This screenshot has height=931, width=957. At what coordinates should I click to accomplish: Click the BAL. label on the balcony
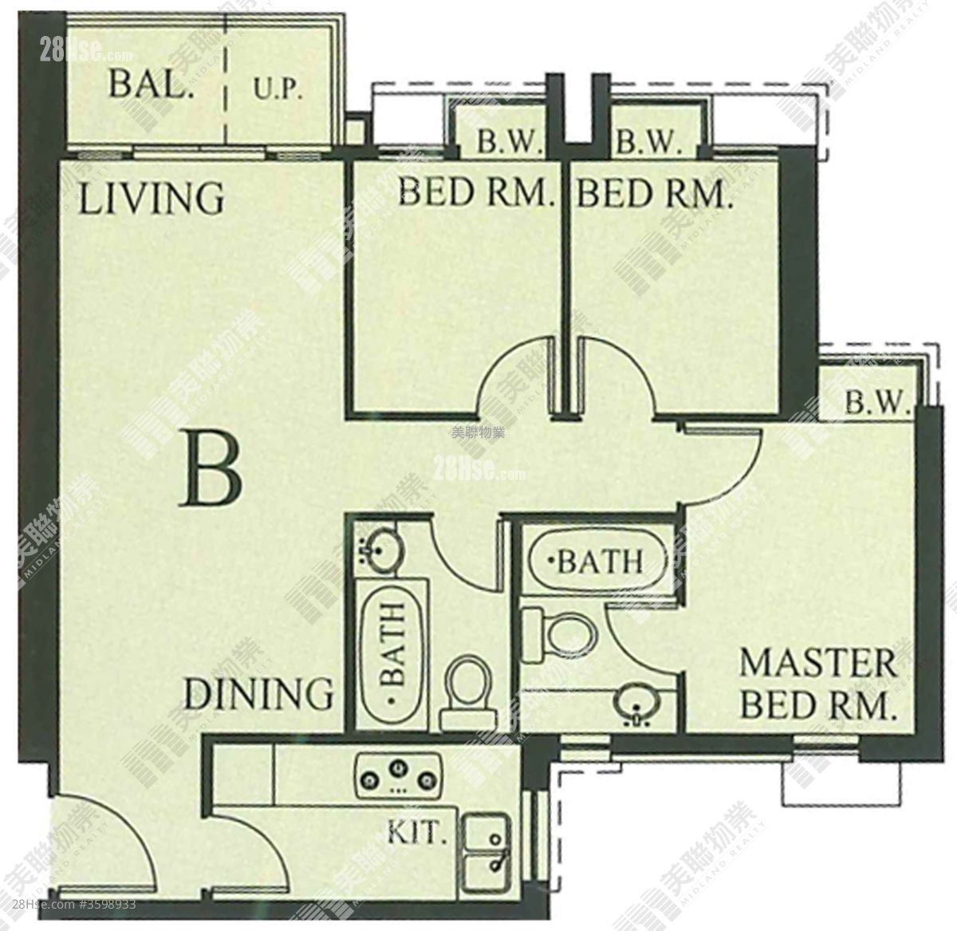pyautogui.click(x=151, y=84)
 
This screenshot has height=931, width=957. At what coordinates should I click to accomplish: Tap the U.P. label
pyautogui.click(x=278, y=90)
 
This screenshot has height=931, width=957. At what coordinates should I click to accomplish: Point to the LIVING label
pyautogui.click(x=152, y=198)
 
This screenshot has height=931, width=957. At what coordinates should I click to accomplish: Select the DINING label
pyautogui.click(x=258, y=693)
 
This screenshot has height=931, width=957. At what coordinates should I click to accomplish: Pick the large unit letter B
pyautogui.click(x=211, y=468)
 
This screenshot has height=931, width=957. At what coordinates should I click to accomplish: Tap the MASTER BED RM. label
pyautogui.click(x=817, y=684)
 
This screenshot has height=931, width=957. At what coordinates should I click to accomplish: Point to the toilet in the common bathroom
pyautogui.click(x=467, y=692)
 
